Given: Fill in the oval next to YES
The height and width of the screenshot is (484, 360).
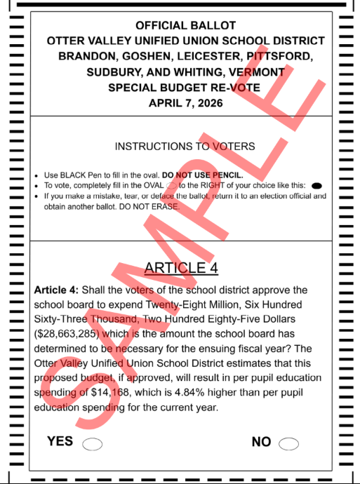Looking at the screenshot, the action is pos(93,443).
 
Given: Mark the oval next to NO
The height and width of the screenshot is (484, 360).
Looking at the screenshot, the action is pos(288,443).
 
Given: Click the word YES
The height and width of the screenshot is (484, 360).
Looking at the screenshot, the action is pos(60,441).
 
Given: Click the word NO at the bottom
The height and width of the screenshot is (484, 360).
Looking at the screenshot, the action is pos(261,441).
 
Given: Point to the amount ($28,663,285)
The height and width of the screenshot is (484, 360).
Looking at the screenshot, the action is pos(72,335).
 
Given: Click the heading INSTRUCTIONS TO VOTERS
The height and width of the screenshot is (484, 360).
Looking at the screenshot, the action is pos(185,147).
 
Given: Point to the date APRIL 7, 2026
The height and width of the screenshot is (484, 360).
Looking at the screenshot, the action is pos(186,103).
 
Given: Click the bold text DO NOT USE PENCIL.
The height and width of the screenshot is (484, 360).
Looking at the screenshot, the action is pos(203,175).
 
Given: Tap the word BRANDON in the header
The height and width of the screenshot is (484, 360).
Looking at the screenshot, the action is pos(88,57).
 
